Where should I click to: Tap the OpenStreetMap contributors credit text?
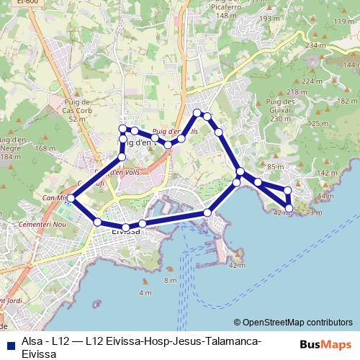(297, 323)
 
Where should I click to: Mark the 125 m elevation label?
(317, 124)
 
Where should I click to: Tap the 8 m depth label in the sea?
(170, 280)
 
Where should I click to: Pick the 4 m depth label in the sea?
(145, 293)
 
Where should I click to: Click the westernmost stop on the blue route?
(71, 198)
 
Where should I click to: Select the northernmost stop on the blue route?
(197, 112)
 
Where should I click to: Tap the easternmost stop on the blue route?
(289, 208)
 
